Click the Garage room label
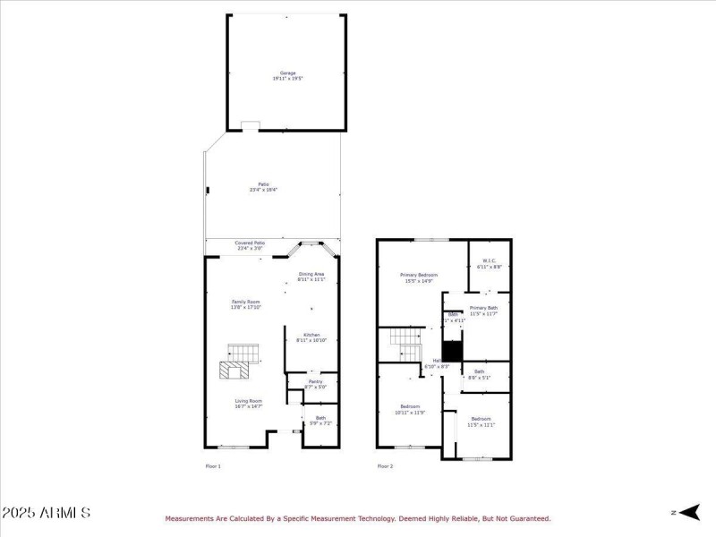click(287, 75)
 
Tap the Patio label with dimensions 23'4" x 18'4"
click(264, 187)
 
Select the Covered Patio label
click(250, 245)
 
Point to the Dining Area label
click(311, 277)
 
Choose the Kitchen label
click(311, 337)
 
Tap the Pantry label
click(315, 384)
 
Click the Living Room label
click(248, 404)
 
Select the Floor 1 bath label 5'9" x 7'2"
click(320, 420)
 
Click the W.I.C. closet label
click(489, 264)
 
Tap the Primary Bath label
click(483, 311)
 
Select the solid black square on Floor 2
click(452, 351)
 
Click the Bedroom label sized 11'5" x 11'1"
click(481, 422)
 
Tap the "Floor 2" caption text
click(385, 466)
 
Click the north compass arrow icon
click(686, 512)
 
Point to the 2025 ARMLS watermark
click(46, 513)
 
